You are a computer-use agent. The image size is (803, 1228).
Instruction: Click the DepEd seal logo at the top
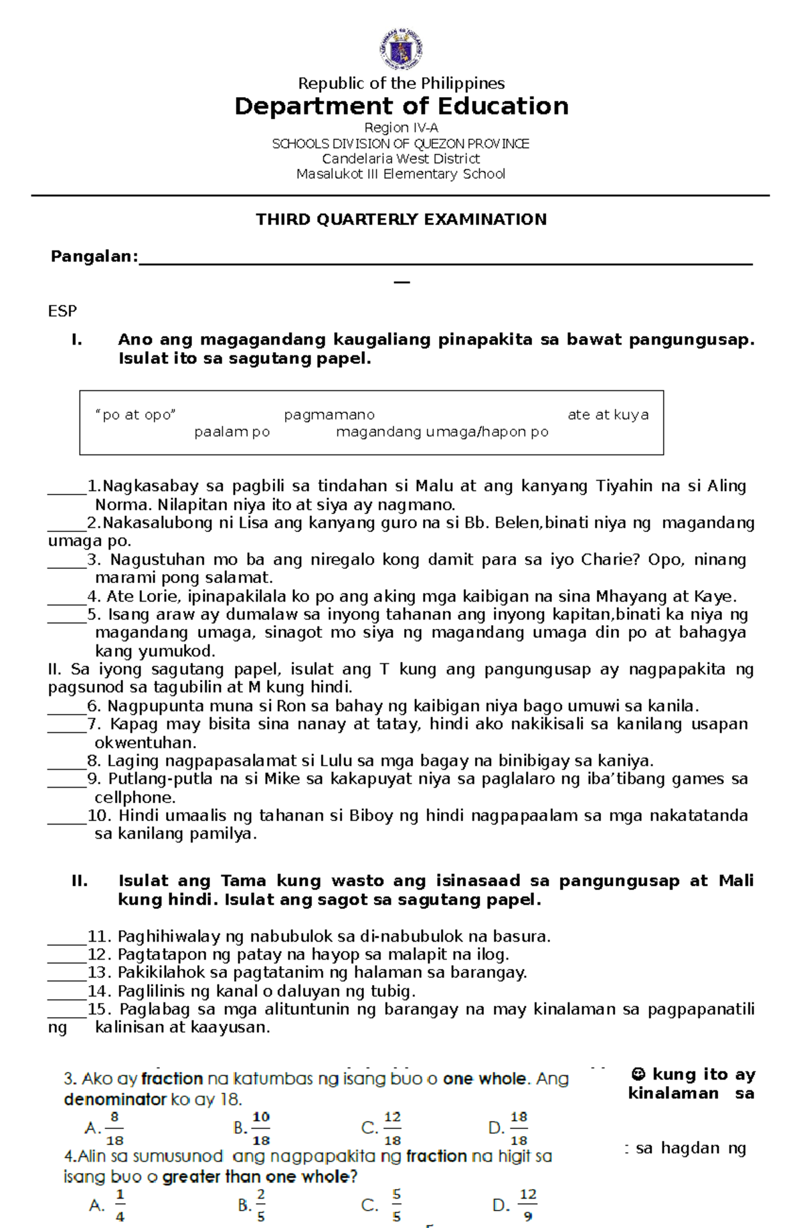[401, 49]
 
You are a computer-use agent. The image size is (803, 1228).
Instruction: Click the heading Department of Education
[401, 106]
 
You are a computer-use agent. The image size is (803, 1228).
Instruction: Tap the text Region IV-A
[401, 127]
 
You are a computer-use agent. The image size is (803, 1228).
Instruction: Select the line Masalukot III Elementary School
[401, 174]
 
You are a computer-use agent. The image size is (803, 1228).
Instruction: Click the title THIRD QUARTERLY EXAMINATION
[401, 220]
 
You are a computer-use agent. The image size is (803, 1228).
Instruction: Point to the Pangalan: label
[94, 257]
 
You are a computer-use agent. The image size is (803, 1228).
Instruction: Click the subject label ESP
[62, 311]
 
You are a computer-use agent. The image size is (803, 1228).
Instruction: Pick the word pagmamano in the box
[329, 415]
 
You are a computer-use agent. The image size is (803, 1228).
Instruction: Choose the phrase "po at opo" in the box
[136, 415]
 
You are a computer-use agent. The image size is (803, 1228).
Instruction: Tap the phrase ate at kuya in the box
[608, 415]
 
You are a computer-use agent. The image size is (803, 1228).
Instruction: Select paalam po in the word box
[232, 432]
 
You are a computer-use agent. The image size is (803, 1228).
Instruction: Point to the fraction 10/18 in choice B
[261, 1128]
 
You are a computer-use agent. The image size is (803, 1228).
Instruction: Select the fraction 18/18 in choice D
[519, 1128]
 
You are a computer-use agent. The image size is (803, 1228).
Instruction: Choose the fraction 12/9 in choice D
[528, 1205]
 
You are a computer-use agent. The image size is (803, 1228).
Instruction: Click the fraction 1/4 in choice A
[120, 1205]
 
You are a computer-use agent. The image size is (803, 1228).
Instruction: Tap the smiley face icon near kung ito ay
[638, 1074]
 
